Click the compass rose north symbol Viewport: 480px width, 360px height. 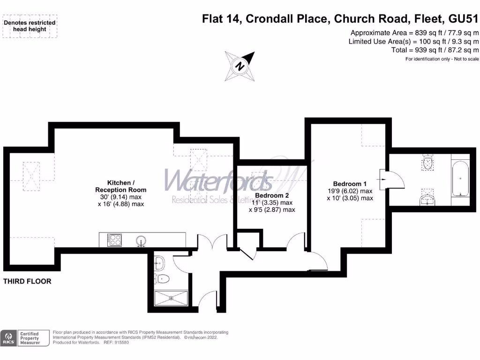click(x=240, y=66)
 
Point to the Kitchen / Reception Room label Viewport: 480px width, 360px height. click(x=121, y=186)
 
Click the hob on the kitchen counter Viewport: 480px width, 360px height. click(x=114, y=240)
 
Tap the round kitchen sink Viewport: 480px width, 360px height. click(x=141, y=241)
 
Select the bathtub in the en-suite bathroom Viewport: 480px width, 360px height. click(x=460, y=180)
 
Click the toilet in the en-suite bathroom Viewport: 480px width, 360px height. click(x=427, y=163)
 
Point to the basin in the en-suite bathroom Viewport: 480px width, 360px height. click(x=427, y=200)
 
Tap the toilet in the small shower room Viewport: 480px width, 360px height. click(x=161, y=278)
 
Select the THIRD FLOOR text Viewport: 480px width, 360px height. click(x=27, y=282)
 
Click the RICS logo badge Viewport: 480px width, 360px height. click(x=8, y=338)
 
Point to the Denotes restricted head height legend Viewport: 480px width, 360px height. click(x=30, y=26)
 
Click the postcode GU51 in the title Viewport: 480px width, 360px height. click(x=464, y=19)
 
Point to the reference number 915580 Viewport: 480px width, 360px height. click(x=120, y=343)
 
